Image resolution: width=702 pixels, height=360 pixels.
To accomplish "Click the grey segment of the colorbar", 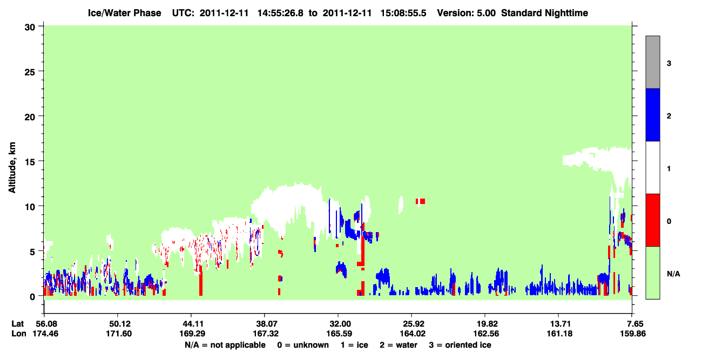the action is [x=652, y=62].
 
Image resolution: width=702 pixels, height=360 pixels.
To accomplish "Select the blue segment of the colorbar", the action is [x=652, y=114].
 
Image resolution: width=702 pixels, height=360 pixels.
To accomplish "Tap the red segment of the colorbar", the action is [x=652, y=220].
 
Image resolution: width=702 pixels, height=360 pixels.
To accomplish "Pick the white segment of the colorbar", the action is [x=652, y=167].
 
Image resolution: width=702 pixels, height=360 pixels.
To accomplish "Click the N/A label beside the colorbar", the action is [x=673, y=274].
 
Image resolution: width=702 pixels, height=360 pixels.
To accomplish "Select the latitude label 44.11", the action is [x=192, y=324].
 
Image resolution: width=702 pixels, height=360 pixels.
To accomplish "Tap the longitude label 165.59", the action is [x=339, y=334].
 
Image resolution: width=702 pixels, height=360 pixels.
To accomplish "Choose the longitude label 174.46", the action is [x=45, y=334].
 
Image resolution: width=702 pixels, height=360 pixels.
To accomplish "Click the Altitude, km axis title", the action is [x=12, y=168].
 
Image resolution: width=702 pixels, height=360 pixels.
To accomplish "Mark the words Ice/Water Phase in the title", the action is [x=124, y=13].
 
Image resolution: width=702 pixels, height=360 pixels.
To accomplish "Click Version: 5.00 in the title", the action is [x=467, y=13].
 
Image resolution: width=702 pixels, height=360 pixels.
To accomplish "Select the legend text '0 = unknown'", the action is [x=303, y=345].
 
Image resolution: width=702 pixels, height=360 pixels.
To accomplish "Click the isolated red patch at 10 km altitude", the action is [x=420, y=201].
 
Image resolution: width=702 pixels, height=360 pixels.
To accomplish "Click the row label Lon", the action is [x=19, y=334].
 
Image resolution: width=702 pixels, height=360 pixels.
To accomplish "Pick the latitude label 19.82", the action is [x=485, y=324].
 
